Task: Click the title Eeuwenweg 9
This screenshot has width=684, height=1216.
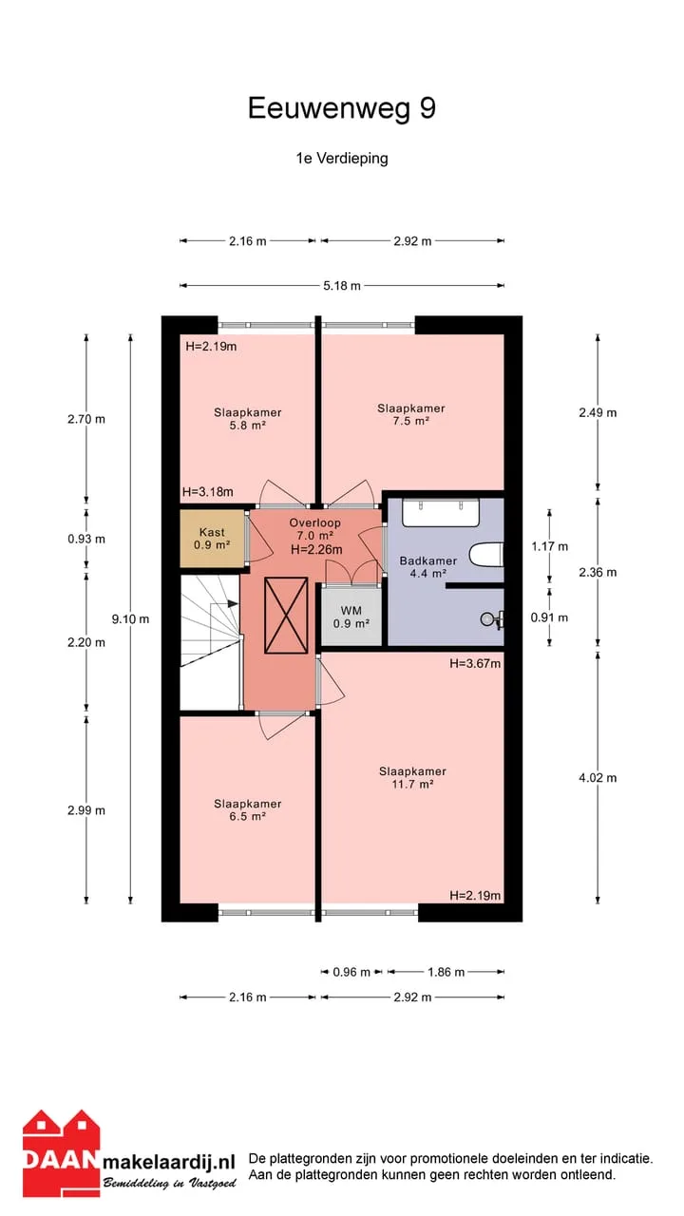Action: click(x=341, y=108)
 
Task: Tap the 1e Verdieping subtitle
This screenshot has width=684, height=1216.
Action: click(x=342, y=159)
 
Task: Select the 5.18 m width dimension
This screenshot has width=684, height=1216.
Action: click(x=342, y=286)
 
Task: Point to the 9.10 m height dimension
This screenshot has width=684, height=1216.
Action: click(x=130, y=618)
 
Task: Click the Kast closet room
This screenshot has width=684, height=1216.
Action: click(x=212, y=538)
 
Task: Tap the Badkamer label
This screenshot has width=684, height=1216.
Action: click(x=428, y=560)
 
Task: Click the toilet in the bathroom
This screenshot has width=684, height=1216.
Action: click(x=487, y=556)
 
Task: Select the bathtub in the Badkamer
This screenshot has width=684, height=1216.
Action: click(x=441, y=512)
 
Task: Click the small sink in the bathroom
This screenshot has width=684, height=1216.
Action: click(x=493, y=619)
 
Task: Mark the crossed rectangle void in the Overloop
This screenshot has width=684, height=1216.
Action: click(x=286, y=616)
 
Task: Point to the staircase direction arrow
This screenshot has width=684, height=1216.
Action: click(x=224, y=603)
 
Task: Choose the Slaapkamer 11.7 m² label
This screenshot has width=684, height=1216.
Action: click(x=412, y=777)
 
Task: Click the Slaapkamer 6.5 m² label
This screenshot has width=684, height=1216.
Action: click(x=248, y=810)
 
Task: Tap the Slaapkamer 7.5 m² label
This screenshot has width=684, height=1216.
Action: click(x=411, y=414)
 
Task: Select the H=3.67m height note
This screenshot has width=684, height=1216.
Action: click(x=475, y=663)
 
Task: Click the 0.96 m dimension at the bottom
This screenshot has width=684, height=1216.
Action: click(x=351, y=972)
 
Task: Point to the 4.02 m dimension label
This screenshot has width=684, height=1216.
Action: click(x=598, y=778)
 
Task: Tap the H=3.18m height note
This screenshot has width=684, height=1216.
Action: click(x=208, y=492)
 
